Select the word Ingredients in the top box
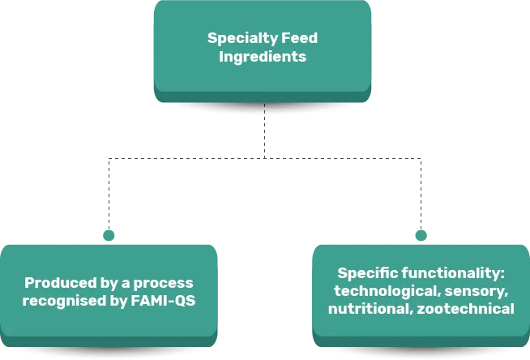[x=263, y=58]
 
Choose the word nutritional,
[x=369, y=309]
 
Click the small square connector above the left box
[x=108, y=234]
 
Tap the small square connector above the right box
[x=421, y=234]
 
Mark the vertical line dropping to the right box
[x=418, y=195]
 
